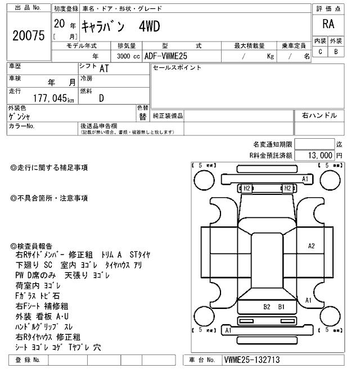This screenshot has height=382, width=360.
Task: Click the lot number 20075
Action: point(28,35)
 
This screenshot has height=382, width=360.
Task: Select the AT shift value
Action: point(104,69)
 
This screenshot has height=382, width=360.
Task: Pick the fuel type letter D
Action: point(101,98)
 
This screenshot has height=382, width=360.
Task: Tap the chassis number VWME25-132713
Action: point(251,360)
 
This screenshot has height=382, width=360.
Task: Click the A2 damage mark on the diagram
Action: point(311,246)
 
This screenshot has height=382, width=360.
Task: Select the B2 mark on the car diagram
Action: point(267,307)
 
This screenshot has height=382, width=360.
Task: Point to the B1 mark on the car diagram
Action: point(281,307)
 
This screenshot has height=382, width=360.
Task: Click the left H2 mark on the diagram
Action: point(246,188)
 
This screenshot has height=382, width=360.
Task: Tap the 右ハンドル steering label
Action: point(319,115)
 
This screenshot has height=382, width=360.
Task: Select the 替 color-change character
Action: point(142,116)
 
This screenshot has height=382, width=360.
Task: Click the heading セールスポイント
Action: point(177,68)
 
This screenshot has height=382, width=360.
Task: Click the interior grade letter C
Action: point(320,52)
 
